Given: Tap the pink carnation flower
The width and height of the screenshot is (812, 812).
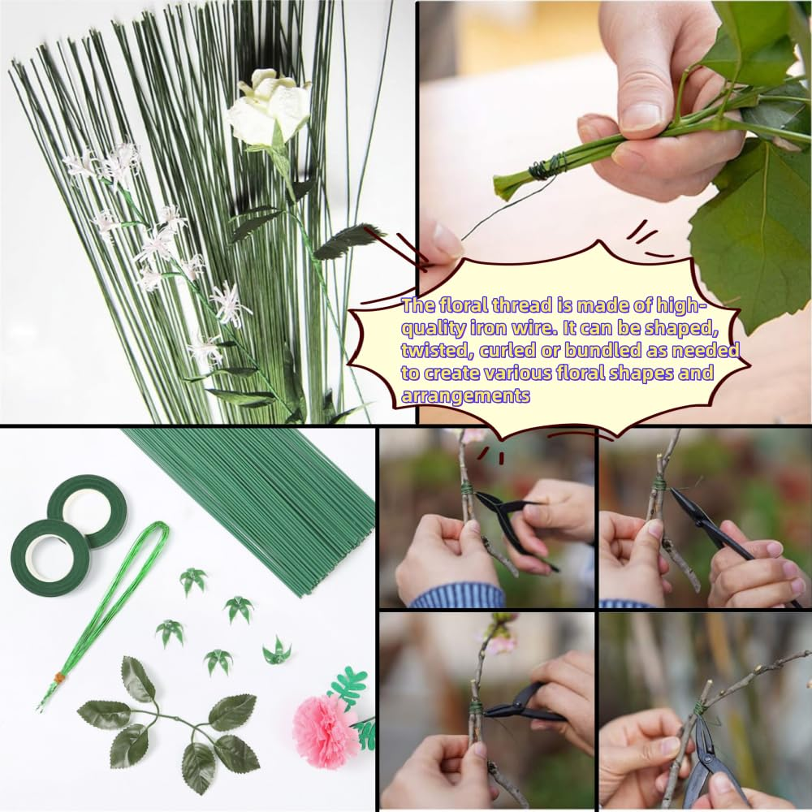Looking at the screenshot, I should pos(326,729).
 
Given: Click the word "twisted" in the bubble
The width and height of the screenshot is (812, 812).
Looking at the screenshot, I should pos(430,351).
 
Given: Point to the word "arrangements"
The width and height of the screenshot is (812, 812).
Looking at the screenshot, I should pos(465,395).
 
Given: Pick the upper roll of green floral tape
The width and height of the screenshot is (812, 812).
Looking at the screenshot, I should pos(86,509).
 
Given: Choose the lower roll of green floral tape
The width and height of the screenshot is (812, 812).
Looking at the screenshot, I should pos(50,558).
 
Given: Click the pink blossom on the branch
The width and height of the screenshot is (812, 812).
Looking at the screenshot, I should pos(501,642).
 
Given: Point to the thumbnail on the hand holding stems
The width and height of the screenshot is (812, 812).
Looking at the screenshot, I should pos(641,114).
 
